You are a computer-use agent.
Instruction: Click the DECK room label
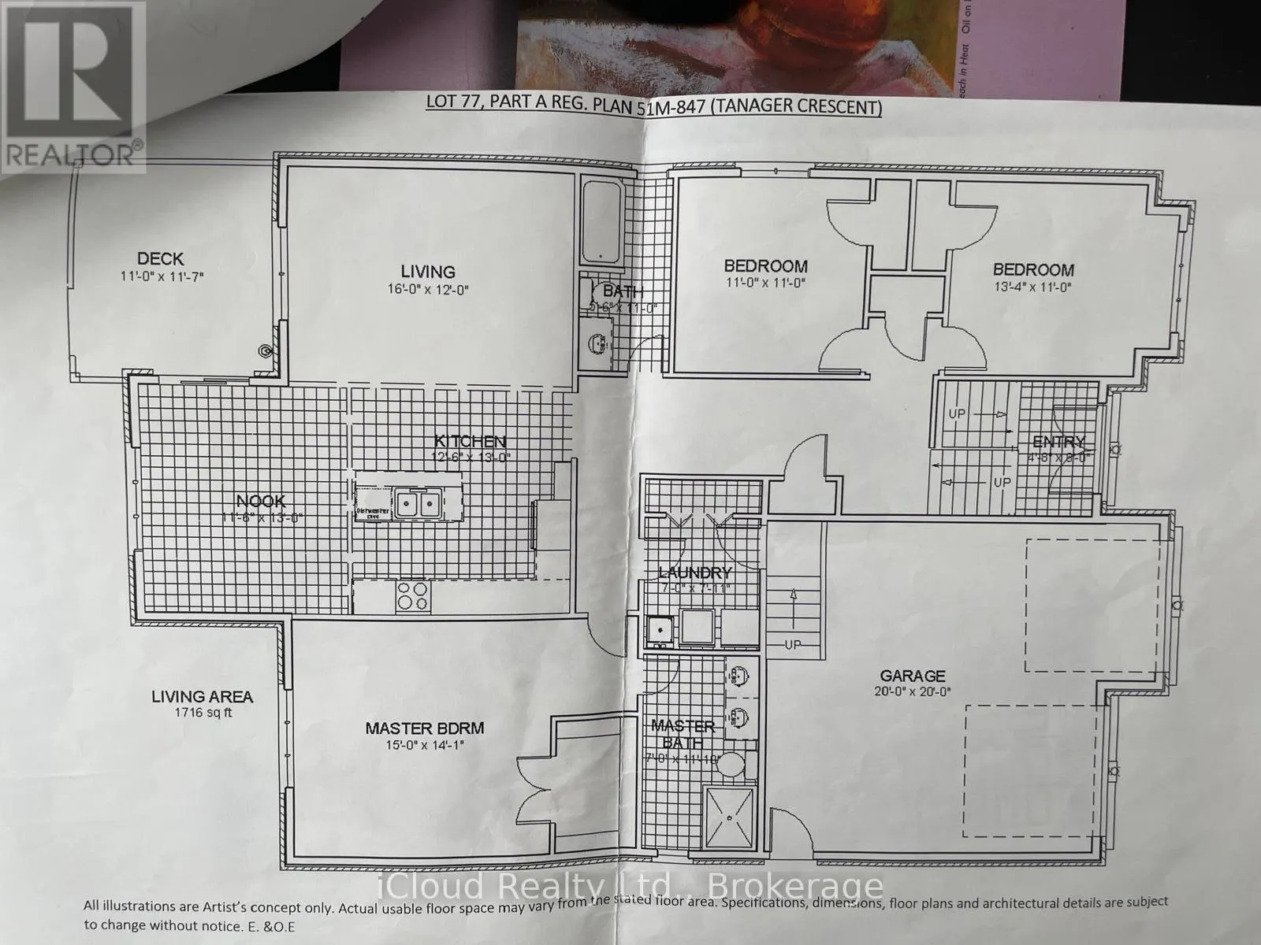pos(160,258)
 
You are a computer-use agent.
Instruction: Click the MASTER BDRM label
pos(424,728)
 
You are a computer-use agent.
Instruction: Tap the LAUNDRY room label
pos(695,573)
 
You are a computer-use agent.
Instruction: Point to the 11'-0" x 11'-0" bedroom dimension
pos(765,283)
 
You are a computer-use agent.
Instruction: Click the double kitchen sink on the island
pos(418,502)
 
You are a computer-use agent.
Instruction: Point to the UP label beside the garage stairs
pos(792,644)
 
